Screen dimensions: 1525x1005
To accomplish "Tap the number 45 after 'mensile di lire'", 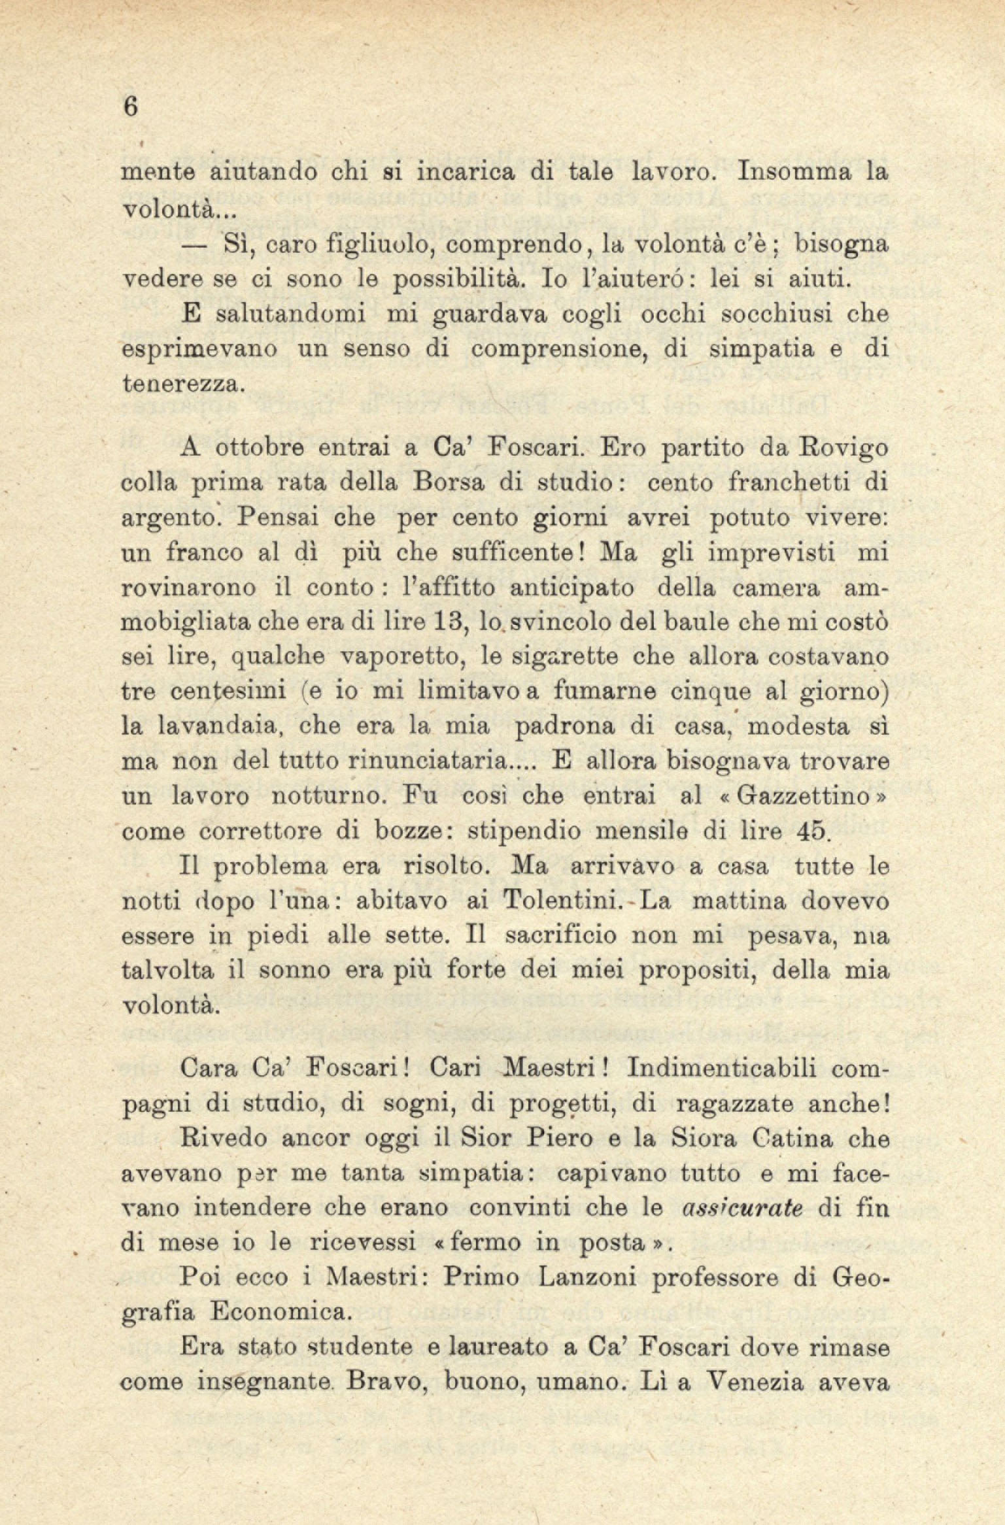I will pyautogui.click(x=814, y=831).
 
